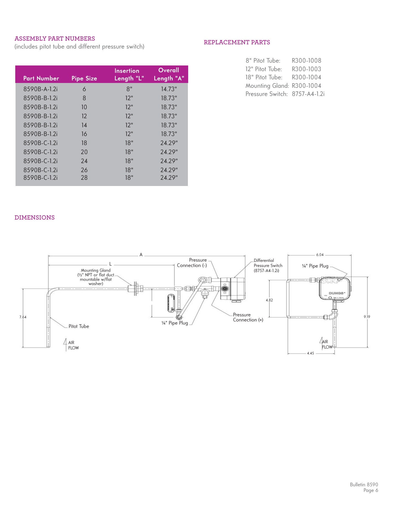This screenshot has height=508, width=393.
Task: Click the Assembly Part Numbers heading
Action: coord(55,39)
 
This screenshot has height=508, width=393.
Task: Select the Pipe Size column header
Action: coord(84,78)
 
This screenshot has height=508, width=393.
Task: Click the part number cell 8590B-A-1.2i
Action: coord(40,89)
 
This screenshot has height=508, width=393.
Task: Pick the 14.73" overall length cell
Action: coord(169,89)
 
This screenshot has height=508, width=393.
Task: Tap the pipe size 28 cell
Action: coord(84,178)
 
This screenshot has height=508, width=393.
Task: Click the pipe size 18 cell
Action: coord(84,143)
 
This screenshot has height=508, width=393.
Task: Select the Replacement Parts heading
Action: coord(237,42)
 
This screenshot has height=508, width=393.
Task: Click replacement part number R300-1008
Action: coord(306,61)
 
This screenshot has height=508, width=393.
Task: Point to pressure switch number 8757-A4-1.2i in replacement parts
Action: coord(308,94)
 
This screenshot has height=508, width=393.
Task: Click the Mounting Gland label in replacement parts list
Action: coord(267,86)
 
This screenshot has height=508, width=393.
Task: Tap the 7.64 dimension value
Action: coord(23,317)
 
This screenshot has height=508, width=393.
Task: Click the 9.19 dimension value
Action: coord(367,317)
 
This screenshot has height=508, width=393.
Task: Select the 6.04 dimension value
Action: coord(320,255)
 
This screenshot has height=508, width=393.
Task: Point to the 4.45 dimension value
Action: coord(311,353)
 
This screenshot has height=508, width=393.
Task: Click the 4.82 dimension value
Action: coord(269,300)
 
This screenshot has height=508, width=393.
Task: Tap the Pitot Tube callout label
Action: coord(79,327)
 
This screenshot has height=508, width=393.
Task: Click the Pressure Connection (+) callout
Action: coord(248,317)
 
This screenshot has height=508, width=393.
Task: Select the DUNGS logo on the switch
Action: coord(336,293)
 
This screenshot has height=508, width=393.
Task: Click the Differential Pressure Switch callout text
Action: coord(268,266)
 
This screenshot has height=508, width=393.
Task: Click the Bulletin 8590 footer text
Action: coord(364,485)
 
